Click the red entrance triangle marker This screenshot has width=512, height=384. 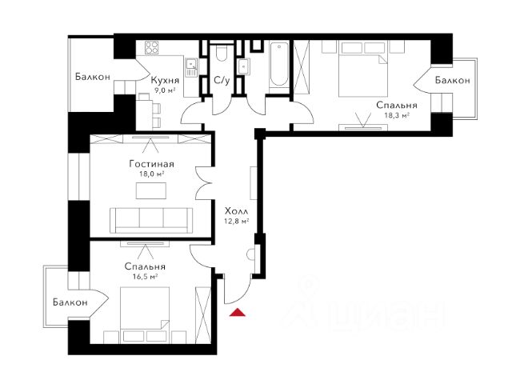point(238,313)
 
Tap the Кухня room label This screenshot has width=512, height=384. point(166,80)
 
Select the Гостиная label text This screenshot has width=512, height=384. point(151,163)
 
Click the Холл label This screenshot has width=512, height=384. point(237,210)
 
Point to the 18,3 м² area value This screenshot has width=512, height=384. point(397,115)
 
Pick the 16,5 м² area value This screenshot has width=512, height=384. point(146,277)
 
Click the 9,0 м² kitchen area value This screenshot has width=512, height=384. point(165,90)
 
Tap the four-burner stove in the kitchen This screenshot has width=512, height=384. point(151,48)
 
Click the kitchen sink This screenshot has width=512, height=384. point(190,67)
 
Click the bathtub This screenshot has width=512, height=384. point(279,64)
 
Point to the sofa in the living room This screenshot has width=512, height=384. point(151,221)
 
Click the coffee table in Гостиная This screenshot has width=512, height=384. point(151,190)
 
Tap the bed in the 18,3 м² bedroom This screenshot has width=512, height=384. point(363,70)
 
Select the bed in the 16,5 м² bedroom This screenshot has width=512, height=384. point(145,314)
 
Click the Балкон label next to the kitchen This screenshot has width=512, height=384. point(93,77)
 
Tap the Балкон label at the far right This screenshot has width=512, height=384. point(453,80)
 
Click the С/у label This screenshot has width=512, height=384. point(222,80)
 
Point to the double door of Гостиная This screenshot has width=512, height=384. point(204,183)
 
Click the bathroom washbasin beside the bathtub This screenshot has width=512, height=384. point(244,66)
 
